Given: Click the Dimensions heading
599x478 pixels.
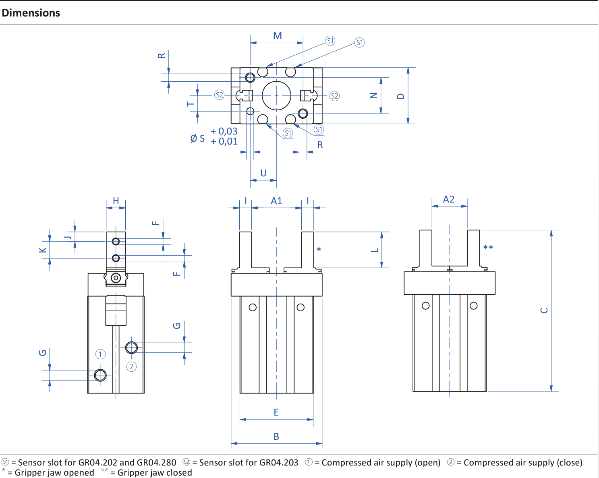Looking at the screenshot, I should (x=31, y=13).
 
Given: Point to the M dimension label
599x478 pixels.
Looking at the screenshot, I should (x=278, y=36).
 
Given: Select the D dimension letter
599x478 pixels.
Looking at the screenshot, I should (x=400, y=96).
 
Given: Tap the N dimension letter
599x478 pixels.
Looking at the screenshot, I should (x=374, y=96).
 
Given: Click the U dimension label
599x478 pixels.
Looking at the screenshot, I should (x=263, y=173).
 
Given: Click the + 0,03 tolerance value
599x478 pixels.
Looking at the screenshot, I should (x=224, y=131).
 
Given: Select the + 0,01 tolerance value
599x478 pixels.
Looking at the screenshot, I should (x=224, y=141).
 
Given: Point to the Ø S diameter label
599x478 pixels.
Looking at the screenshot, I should (x=197, y=139).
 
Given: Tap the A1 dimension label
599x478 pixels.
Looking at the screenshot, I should (x=276, y=201).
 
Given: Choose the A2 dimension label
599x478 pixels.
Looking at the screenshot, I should (x=449, y=199).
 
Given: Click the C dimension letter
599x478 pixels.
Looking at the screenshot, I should (x=544, y=310).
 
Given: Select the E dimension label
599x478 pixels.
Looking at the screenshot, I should (x=276, y=412).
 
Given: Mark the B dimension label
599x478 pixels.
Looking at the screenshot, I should (x=276, y=437).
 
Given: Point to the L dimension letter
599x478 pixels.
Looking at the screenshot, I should (x=375, y=250).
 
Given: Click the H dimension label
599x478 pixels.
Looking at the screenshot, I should (x=116, y=201).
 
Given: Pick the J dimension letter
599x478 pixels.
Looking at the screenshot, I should (x=68, y=237).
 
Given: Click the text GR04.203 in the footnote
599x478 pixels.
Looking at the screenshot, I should (x=279, y=463).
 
